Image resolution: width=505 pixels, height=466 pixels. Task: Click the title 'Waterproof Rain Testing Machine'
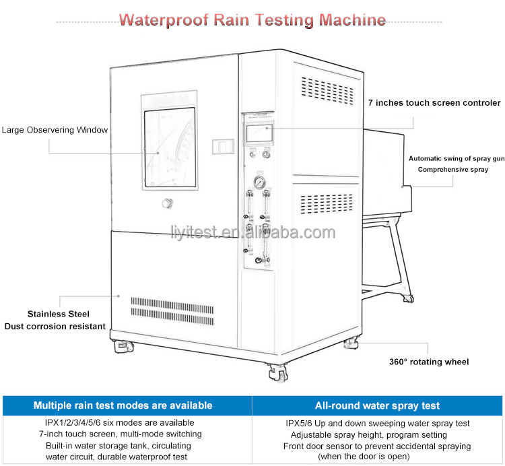coord(252,20)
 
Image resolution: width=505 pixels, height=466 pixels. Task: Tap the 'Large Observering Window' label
coord(55,130)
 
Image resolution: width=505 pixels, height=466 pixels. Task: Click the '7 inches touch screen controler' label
coord(434,103)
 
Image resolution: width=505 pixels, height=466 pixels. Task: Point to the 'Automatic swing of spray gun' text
coord(457,159)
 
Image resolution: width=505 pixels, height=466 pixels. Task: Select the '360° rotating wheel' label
coord(428,362)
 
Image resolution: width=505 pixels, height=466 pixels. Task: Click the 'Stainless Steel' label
coord(58,314)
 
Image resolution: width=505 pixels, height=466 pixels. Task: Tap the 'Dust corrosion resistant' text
coord(55,326)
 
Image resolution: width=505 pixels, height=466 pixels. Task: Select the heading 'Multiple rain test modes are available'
coord(123,405)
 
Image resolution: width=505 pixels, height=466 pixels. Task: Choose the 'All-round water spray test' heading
coord(377,405)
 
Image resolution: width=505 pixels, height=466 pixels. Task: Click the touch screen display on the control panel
coord(259,133)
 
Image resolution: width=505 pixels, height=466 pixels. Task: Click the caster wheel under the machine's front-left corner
coord(125,346)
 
